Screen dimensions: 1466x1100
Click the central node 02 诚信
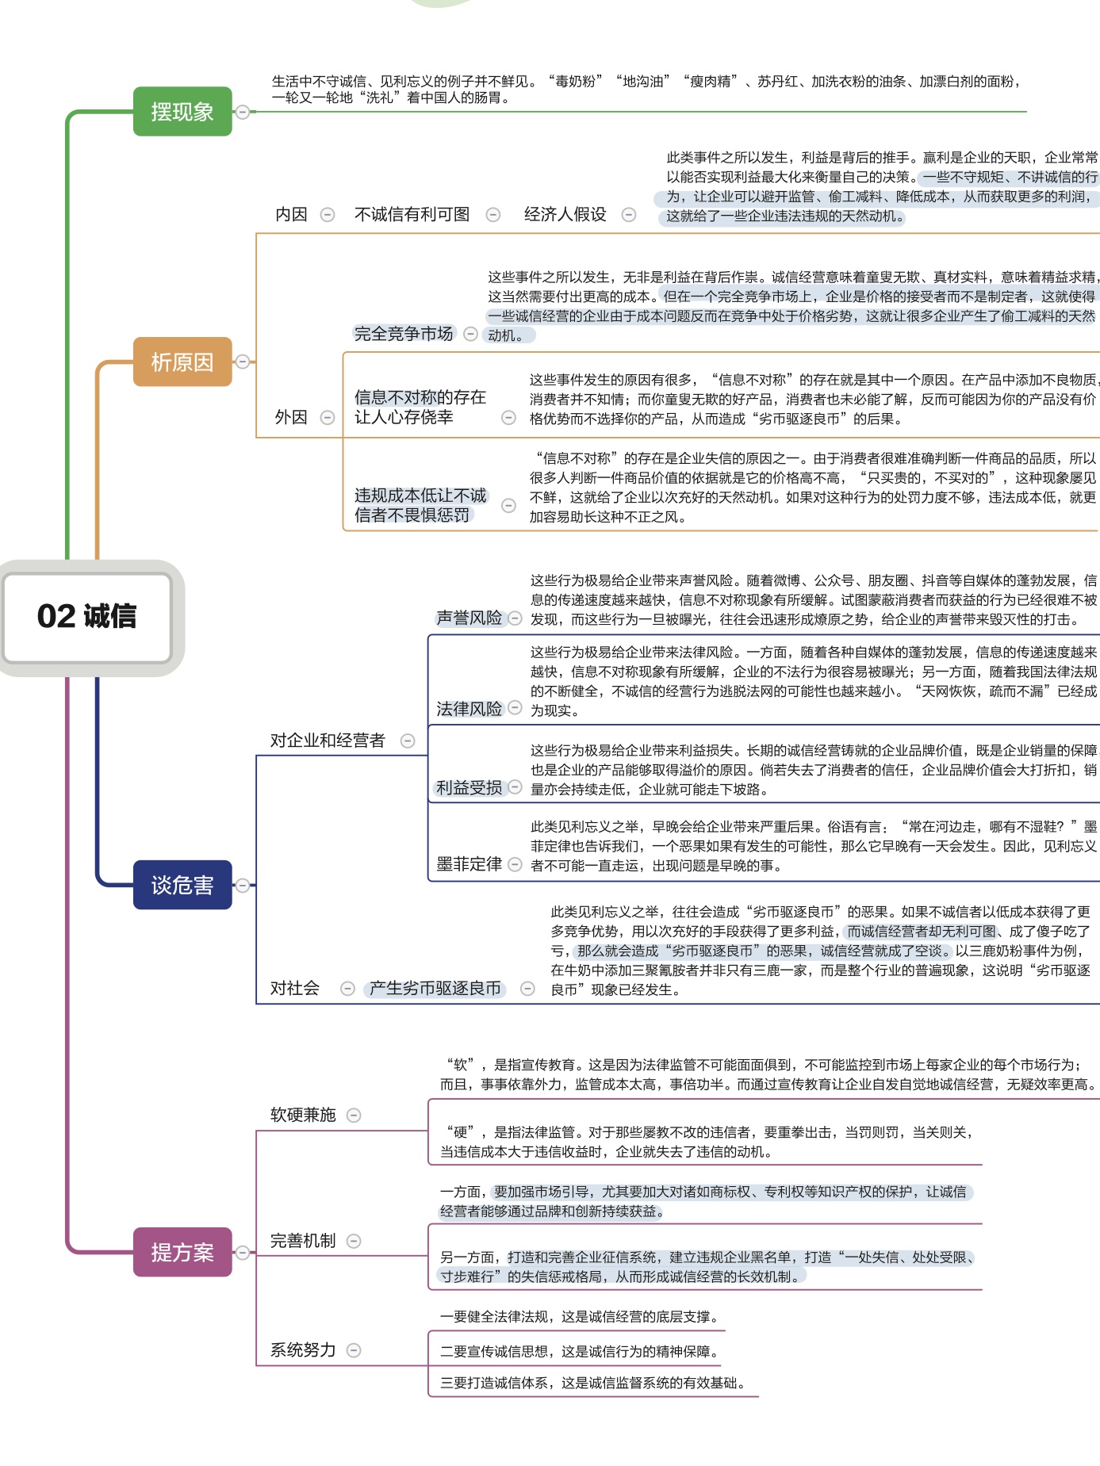click(87, 617)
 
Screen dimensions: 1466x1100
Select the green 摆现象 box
click(182, 112)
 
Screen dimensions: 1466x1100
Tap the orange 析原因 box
click(182, 362)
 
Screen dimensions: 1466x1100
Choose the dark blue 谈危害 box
click(182, 885)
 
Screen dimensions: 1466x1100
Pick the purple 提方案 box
click(182, 1252)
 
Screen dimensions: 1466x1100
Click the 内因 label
click(291, 214)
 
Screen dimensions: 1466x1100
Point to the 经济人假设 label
click(565, 214)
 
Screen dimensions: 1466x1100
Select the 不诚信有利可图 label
click(412, 214)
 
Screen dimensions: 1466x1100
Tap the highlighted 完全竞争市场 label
click(404, 334)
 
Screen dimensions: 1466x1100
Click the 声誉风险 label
click(469, 618)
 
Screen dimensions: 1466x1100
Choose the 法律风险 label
click(469, 708)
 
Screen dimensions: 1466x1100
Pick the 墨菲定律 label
click(469, 863)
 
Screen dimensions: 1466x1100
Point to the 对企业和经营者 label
click(327, 741)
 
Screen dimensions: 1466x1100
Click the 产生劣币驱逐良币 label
click(435, 988)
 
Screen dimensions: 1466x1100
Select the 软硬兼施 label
click(303, 1115)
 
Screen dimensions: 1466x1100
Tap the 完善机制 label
click(303, 1241)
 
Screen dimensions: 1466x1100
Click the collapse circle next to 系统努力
click(354, 1350)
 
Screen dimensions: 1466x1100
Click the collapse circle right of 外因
click(327, 417)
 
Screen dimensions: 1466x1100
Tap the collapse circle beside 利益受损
click(515, 787)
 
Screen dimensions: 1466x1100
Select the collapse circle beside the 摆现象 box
click(243, 112)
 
